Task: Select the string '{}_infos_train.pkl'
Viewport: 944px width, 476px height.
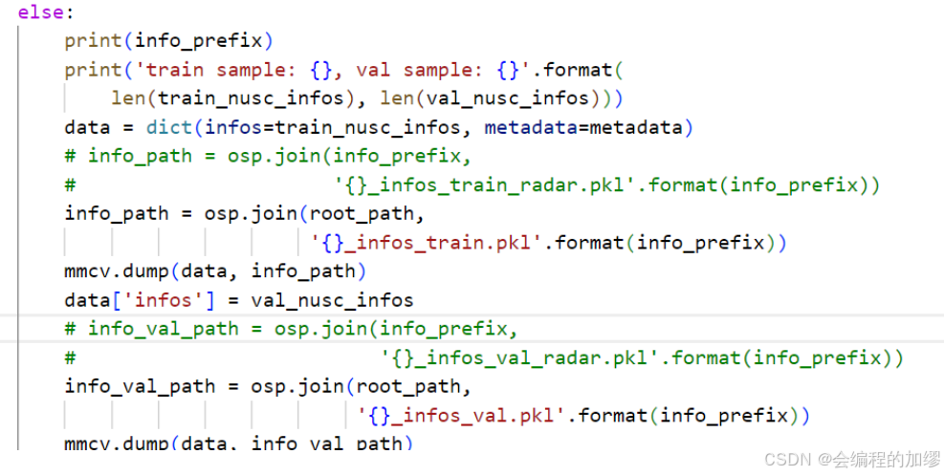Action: click(427, 242)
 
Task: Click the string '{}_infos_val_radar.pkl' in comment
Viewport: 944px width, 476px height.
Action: click(521, 357)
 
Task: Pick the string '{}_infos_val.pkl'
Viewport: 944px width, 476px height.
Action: click(462, 415)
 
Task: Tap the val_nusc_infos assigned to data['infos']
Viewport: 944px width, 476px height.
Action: click(333, 299)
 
